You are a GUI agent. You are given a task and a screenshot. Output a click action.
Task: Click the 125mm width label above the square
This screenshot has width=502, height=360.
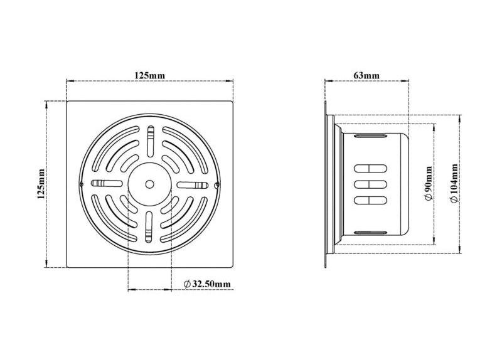point(149,75)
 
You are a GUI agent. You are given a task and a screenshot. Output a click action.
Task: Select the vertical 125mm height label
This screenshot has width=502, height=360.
point(41,184)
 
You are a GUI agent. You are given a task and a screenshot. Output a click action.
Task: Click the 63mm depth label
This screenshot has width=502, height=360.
point(366,75)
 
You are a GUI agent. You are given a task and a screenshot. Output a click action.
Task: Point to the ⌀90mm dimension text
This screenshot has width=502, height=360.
point(428,184)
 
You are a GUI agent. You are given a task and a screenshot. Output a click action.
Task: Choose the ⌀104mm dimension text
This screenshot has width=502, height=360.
point(454,183)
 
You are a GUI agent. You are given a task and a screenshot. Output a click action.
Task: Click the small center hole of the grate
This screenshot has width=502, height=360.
point(149,184)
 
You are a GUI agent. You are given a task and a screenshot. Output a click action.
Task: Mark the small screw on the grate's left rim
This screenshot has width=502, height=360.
point(82,184)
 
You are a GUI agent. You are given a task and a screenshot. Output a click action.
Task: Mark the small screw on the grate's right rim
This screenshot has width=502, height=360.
point(216,184)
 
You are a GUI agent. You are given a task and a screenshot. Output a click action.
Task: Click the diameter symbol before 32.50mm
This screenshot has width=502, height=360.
point(187,284)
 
